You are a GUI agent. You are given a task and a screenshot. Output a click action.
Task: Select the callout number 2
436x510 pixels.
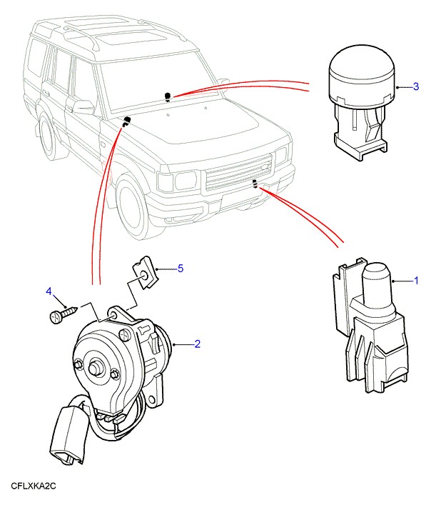pos(197,344)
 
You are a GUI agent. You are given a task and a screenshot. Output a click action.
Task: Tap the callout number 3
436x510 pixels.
pos(415,87)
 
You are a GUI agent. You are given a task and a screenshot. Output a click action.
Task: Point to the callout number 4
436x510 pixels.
pos(49,291)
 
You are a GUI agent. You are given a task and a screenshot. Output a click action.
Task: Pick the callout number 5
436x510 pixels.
pos(181,268)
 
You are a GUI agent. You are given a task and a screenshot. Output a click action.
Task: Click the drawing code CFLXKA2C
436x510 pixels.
pos(33,486)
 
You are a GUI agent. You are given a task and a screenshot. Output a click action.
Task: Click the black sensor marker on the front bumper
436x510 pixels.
pos(255,185)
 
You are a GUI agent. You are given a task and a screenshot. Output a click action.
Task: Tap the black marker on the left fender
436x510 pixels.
pos(127,119)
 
